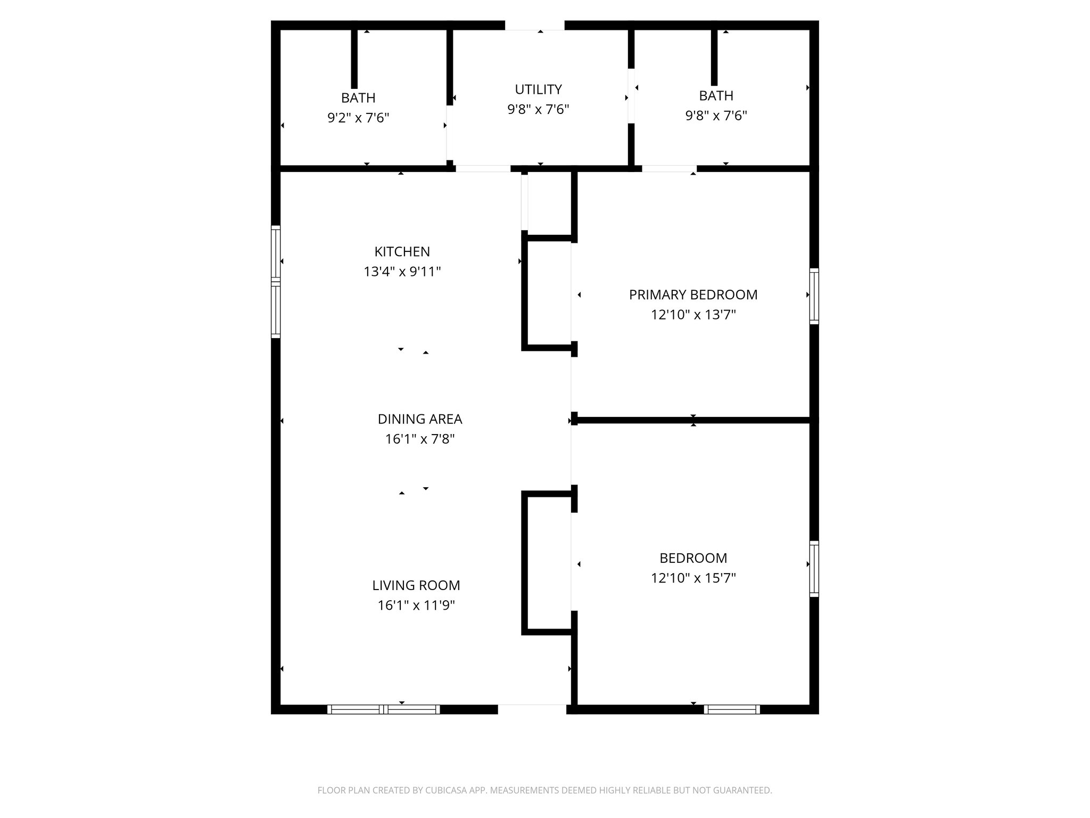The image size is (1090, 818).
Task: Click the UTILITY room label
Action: tap(538, 89)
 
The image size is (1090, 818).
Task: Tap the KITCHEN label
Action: tap(402, 251)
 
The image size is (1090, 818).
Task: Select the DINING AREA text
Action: tap(419, 419)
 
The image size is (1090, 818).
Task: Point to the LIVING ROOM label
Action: tap(416, 585)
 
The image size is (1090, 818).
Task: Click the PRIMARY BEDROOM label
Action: tap(693, 295)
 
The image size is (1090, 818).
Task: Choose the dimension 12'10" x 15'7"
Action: tap(693, 578)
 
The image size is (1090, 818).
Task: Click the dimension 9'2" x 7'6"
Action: tap(358, 117)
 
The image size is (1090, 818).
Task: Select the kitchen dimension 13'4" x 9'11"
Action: tap(402, 272)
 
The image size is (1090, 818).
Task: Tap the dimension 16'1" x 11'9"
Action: tap(416, 606)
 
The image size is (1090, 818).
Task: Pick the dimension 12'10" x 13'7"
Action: tap(693, 315)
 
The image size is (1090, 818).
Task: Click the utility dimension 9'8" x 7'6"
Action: tap(538, 109)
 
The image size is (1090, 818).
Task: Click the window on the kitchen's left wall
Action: tap(276, 282)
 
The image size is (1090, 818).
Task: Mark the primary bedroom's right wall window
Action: tap(814, 296)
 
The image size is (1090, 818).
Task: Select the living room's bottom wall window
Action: tap(383, 709)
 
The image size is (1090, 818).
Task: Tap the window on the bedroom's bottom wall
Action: tap(731, 709)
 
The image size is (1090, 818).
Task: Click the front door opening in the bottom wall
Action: tap(532, 709)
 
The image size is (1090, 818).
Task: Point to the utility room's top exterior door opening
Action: tap(534, 25)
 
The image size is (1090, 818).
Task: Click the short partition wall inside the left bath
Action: tap(354, 59)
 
